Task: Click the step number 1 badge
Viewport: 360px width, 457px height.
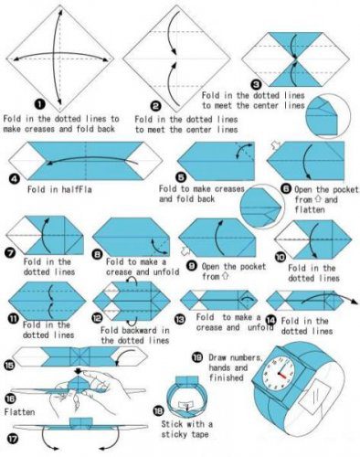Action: point(39,104)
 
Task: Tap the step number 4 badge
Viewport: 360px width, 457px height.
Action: point(14,179)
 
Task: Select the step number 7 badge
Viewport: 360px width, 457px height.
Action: point(10,252)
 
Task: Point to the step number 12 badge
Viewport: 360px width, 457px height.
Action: point(97,318)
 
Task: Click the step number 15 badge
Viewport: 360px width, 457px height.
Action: point(9,365)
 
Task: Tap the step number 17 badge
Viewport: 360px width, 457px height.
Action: point(14,439)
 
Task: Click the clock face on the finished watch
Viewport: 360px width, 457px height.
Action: point(279,374)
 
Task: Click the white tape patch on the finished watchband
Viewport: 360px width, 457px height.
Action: point(314,397)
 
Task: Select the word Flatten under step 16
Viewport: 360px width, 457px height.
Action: point(19,412)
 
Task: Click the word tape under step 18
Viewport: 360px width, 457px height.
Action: point(200,434)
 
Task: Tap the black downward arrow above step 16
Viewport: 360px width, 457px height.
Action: point(79,371)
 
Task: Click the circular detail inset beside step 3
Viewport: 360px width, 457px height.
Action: point(328,116)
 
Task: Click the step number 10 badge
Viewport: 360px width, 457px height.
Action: point(281,258)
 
